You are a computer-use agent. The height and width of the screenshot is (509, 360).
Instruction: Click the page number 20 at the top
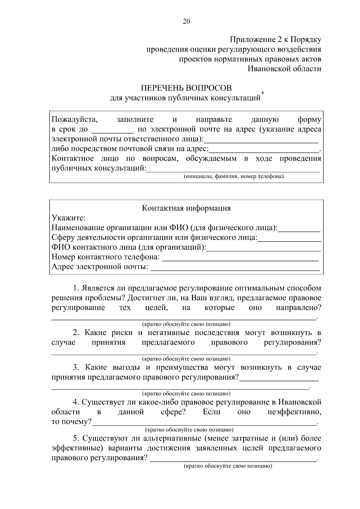pyautogui.click(x=186, y=21)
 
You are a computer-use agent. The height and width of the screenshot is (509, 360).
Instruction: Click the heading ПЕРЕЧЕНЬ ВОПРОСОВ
pyautogui.click(x=186, y=88)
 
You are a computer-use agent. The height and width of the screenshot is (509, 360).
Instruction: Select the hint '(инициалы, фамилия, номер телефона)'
pyautogui.click(x=233, y=176)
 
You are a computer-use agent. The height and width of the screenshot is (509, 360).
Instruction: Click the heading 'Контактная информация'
pyautogui.click(x=186, y=208)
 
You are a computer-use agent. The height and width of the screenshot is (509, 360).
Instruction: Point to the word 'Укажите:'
pyautogui.click(x=69, y=218)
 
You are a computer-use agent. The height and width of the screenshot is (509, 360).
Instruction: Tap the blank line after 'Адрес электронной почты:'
pyautogui.click(x=235, y=270)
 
